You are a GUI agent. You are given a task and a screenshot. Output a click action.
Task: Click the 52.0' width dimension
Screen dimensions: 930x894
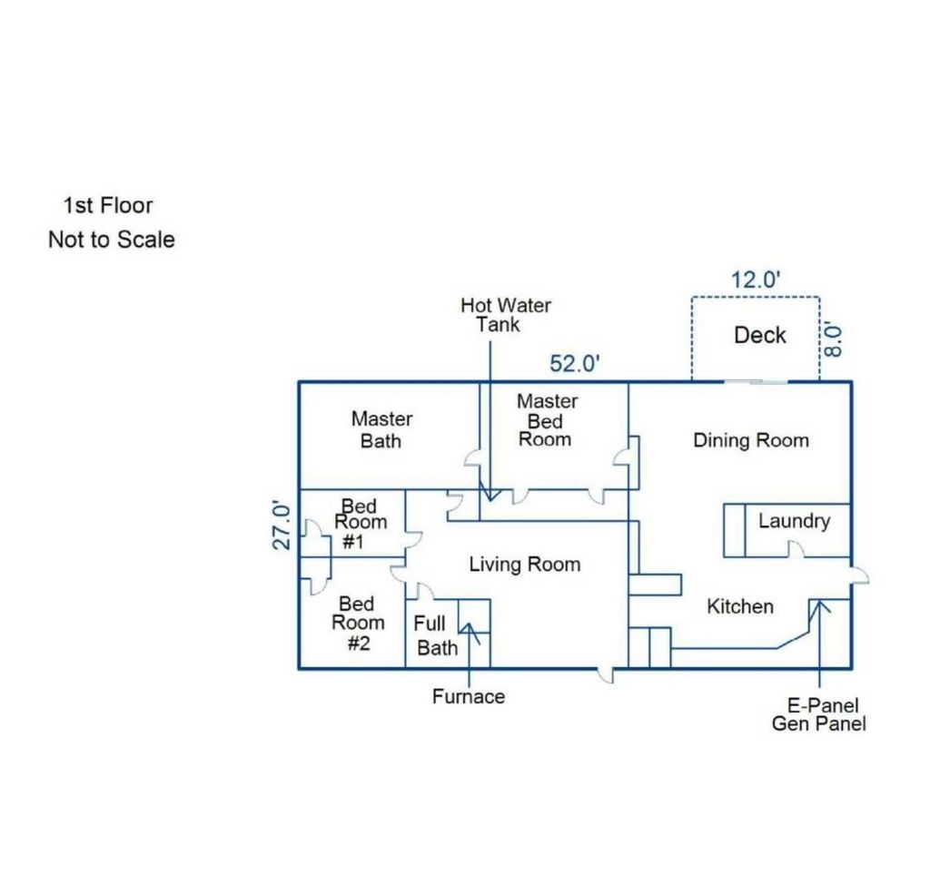[x=574, y=363]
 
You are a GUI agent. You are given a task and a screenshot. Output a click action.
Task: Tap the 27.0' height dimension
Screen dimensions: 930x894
[x=282, y=526]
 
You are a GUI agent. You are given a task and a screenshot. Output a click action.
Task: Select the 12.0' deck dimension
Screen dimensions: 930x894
[x=755, y=280]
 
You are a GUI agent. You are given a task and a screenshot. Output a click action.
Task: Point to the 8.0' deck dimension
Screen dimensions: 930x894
[x=834, y=339]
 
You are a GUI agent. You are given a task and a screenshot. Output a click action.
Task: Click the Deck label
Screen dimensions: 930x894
[x=760, y=335]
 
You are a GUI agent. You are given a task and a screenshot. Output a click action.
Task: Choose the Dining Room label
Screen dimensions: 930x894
[x=751, y=440]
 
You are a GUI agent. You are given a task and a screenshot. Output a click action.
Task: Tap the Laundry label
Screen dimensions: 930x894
[x=794, y=521]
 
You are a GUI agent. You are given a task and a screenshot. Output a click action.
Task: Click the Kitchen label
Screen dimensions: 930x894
[x=740, y=606]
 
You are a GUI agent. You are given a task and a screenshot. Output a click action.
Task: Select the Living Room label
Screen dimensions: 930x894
[x=525, y=565]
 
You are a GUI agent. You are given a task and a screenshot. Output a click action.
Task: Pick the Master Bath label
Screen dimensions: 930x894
[x=381, y=430]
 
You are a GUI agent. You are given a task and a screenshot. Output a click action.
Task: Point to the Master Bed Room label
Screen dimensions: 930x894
[x=546, y=419]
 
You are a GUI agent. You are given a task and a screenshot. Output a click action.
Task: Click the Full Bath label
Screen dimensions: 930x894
[x=436, y=635]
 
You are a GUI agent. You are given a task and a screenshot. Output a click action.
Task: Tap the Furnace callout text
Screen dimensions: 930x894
[x=469, y=696]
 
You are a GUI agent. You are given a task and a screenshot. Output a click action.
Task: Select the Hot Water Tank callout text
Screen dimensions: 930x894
[x=505, y=315]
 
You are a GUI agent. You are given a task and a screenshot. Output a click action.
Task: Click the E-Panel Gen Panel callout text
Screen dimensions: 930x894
[x=819, y=714]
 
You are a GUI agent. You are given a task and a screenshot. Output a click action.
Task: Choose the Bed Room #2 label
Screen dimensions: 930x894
[x=358, y=623]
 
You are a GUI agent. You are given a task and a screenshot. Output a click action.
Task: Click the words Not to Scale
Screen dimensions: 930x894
[x=112, y=240]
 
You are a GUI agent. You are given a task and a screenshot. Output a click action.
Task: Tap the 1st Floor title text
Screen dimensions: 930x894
[x=108, y=206]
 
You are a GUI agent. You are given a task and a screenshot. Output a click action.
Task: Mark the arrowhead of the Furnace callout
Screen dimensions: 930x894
[x=469, y=624]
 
